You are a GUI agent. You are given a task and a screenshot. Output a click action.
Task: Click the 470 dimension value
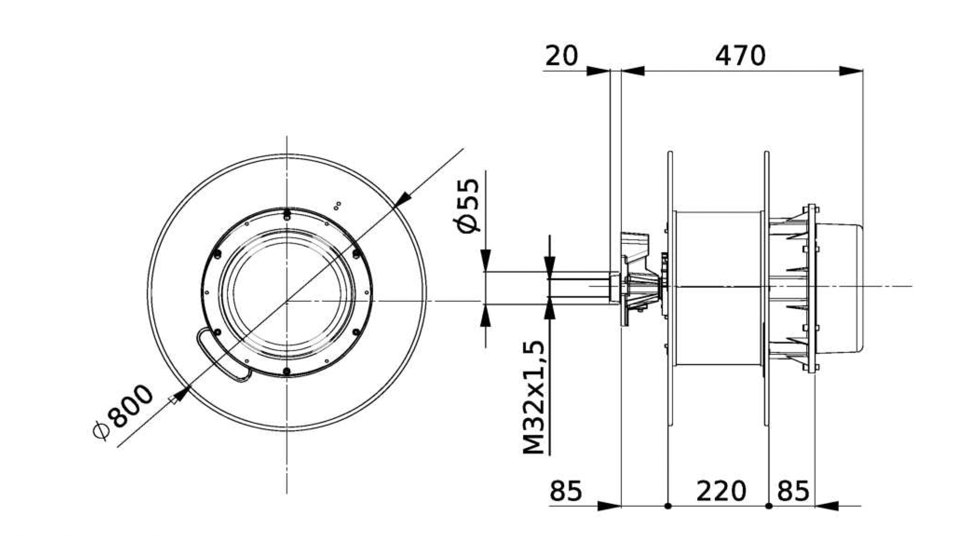[x=740, y=56]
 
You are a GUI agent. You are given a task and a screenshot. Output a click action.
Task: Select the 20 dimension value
[x=561, y=56]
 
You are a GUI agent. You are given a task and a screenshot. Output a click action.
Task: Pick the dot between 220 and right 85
[x=769, y=506]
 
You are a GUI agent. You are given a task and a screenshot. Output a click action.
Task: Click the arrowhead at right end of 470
[x=851, y=71]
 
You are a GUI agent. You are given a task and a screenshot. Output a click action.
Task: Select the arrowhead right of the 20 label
[x=598, y=71]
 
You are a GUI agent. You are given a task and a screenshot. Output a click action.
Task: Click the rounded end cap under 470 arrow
[x=840, y=288]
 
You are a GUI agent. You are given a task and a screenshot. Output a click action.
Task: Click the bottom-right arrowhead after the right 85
[x=827, y=506]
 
